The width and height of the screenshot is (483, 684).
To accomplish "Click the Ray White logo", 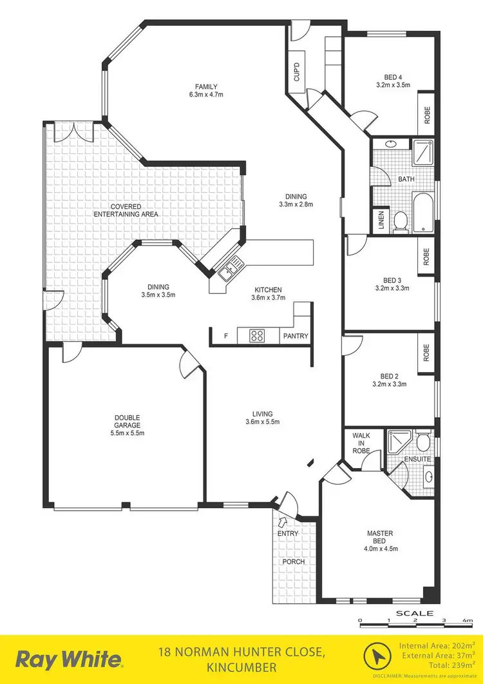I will pyautogui.click(x=69, y=660).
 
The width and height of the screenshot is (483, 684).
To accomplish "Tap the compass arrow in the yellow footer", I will pyautogui.click(x=375, y=658).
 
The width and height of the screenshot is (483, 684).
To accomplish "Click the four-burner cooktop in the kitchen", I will pyautogui.click(x=258, y=336).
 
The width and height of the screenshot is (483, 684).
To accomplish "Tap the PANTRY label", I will pyautogui.click(x=296, y=337).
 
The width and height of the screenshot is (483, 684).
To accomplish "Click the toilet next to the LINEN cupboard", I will pyautogui.click(x=400, y=221).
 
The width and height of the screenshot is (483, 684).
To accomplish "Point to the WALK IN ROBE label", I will pyautogui.click(x=361, y=443).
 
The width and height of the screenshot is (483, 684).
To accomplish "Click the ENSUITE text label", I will pyautogui.click(x=417, y=459).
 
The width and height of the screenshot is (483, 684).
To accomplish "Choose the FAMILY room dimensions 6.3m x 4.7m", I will pyautogui.click(x=206, y=95).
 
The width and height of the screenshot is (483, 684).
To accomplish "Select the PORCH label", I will pyautogui.click(x=293, y=562).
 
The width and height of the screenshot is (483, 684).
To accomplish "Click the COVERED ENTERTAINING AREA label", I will pyautogui.click(x=126, y=210).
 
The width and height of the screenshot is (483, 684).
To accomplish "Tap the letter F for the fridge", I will pyautogui.click(x=225, y=336).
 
